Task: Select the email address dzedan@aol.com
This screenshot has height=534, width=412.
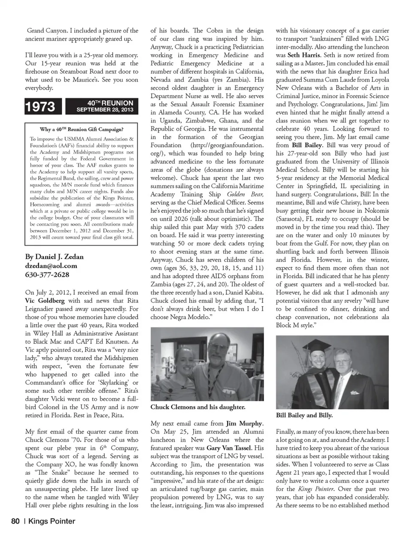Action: pyautogui.click(x=51, y=265)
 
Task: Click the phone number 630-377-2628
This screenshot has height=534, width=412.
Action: pyautogui.click(x=47, y=275)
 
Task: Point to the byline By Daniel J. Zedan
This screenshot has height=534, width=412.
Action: pyautogui.click(x=55, y=256)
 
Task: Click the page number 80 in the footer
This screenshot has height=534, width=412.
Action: pyautogui.click(x=15, y=521)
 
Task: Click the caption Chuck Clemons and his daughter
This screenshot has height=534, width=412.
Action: pyautogui.click(x=198, y=407)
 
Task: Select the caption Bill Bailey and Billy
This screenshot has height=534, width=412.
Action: pyautogui.click(x=304, y=415)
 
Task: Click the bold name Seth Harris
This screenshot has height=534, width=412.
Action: pyautogui.click(x=304, y=55)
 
